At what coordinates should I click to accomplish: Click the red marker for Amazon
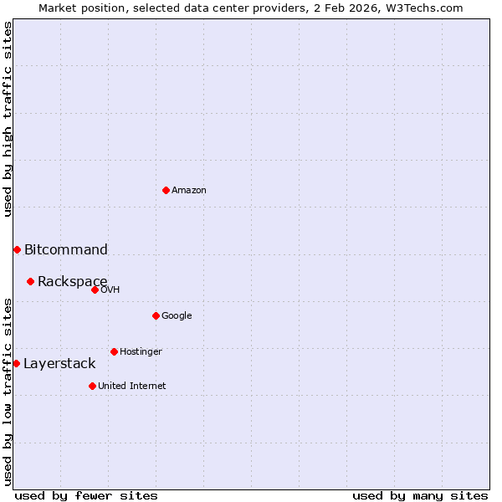coord(166,190)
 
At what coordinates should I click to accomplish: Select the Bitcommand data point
coord(17,249)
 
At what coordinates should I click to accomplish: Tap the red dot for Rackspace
coord(30,281)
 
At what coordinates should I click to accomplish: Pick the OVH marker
coord(95,289)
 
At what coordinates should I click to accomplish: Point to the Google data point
coord(156,315)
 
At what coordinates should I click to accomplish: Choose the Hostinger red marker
coord(114,351)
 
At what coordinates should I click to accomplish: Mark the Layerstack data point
coord(16,363)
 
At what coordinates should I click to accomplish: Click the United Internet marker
coord(92,386)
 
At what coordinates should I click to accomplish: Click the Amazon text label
coord(189,190)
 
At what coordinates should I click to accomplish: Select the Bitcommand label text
coord(66,249)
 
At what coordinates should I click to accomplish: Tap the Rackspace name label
coord(72,281)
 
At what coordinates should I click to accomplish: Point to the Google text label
coord(177,315)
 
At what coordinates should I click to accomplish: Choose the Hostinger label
coord(141,351)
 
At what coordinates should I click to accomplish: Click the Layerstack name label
coord(59,363)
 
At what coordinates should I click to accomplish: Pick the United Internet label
coord(132,386)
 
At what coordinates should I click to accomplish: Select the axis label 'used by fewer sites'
coord(86,495)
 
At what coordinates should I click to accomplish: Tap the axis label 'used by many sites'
coord(420,495)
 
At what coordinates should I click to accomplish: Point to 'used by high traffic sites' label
coord(8,119)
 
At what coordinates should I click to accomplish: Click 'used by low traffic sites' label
coord(8,392)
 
